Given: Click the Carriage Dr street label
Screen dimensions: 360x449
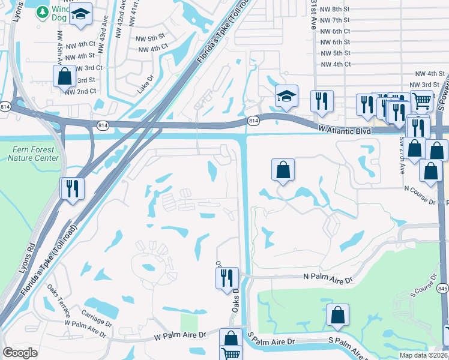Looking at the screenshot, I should tap(95, 318).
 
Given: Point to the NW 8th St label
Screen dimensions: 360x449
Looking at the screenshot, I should tap(335, 9).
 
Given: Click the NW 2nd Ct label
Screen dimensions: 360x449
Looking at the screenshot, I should tap(80, 91).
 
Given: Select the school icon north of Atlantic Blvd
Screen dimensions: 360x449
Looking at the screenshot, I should tap(286, 95).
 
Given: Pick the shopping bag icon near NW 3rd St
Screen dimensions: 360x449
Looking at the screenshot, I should tap(64, 76).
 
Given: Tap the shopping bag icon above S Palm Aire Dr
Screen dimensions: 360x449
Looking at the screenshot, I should tap(338, 314).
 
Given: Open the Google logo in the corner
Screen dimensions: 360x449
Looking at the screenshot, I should tap(20, 353).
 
